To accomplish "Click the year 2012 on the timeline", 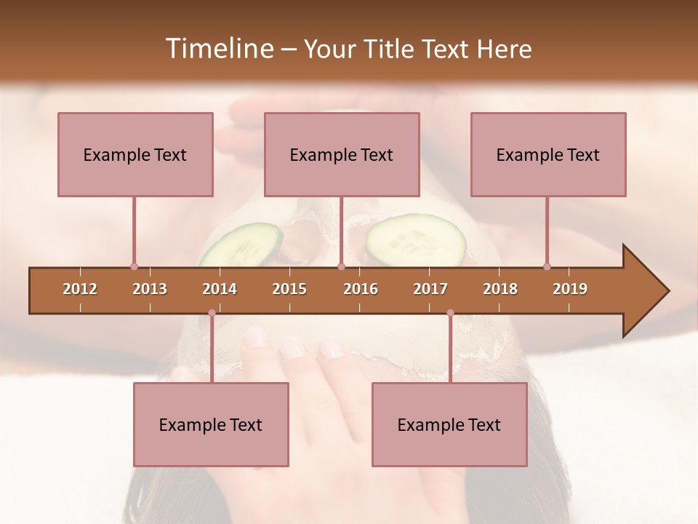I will coord(80,289).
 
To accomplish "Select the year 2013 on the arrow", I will coord(150,289).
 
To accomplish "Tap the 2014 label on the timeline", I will coord(220,289).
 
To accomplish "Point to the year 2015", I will coord(289,289).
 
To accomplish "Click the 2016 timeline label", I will coord(361,289).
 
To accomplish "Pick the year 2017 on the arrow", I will coord(430,289).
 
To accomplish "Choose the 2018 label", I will coord(500,289).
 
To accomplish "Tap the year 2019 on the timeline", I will coord(570,289).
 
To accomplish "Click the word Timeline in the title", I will coord(218,49).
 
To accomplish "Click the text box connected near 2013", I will coord(135,154).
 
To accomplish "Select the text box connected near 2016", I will coord(342,154).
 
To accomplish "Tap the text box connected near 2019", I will coord(548,154).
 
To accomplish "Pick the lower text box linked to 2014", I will coord(211,424).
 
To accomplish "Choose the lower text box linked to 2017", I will coord(449,424).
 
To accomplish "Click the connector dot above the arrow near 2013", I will coord(134,266).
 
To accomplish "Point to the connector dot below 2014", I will coord(212,313).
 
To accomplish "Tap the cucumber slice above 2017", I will coord(415,239).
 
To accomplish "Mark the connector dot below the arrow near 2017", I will coord(450,313).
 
